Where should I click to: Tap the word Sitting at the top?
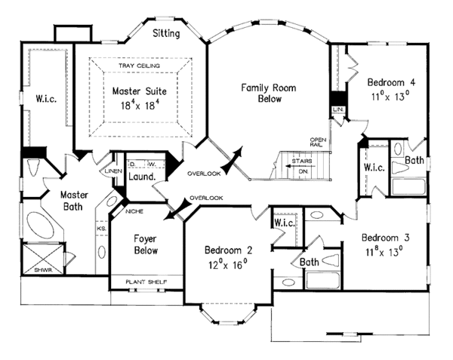[x=165, y=33]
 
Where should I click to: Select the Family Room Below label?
[x=268, y=93]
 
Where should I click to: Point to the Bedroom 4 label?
[x=392, y=82]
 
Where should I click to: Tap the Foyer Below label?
[x=145, y=243]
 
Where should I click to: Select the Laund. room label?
[x=142, y=177]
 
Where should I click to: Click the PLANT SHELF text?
[x=146, y=282]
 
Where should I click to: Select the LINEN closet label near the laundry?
[x=113, y=171]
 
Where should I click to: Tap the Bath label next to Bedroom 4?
[x=413, y=160]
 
